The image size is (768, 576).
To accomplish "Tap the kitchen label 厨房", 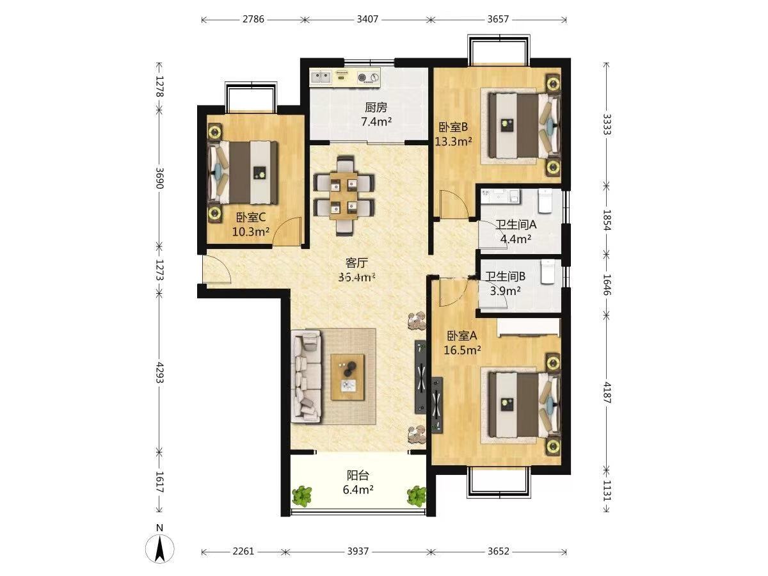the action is click(376, 108).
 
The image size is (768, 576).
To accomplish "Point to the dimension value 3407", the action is click(367, 19).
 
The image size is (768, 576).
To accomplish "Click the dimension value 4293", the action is click(159, 372).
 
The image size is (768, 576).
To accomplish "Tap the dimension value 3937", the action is click(358, 552).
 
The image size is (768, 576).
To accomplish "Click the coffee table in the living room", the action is click(348, 377).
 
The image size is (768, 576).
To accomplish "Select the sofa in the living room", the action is click(307, 377).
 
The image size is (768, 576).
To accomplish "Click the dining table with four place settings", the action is click(344, 196).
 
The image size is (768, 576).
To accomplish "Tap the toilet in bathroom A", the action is click(545, 201).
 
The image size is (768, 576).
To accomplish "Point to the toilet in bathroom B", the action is click(547, 271).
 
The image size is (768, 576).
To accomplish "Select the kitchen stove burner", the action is click(368, 77).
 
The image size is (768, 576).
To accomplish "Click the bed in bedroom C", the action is click(243, 172).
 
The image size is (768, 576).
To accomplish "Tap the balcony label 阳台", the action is click(358, 476).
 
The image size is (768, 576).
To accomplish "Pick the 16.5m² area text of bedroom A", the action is click(462, 350).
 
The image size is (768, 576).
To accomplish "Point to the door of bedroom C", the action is click(288, 232).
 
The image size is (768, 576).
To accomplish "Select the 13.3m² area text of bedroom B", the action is click(453, 141).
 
